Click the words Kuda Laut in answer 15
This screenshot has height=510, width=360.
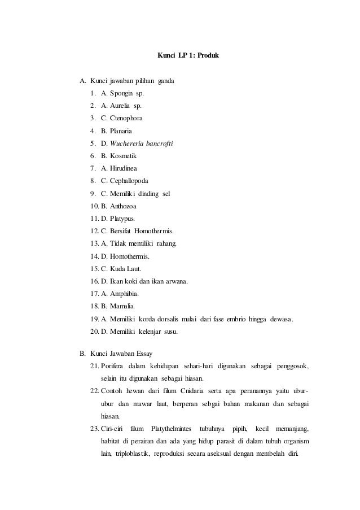(x=126, y=268)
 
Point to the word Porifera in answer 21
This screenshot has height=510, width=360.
(x=114, y=367)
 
